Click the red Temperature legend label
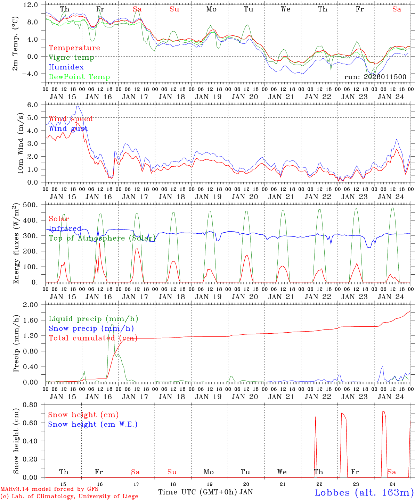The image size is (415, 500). point(74,48)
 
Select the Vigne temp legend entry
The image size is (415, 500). point(71,58)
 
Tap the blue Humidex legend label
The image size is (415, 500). point(66,67)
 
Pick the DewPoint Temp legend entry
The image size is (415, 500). point(79,77)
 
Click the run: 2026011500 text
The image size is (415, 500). point(375,77)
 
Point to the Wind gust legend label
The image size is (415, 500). point(68,129)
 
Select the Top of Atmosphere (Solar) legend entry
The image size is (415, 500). point(102,238)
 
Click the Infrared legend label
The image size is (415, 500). point(65,228)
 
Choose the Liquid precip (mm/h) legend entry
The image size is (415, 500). point(93,319)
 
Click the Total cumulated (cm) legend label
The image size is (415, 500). point(93,338)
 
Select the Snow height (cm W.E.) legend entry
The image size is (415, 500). point(93,424)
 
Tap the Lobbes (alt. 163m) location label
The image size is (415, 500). point(364,492)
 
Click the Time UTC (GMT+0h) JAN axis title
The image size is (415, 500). point(205,492)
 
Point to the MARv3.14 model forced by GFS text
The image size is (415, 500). point(49,489)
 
